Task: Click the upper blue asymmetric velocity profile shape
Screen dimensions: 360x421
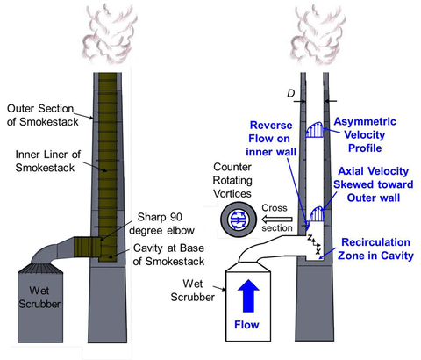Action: pyautogui.click(x=312, y=130)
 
